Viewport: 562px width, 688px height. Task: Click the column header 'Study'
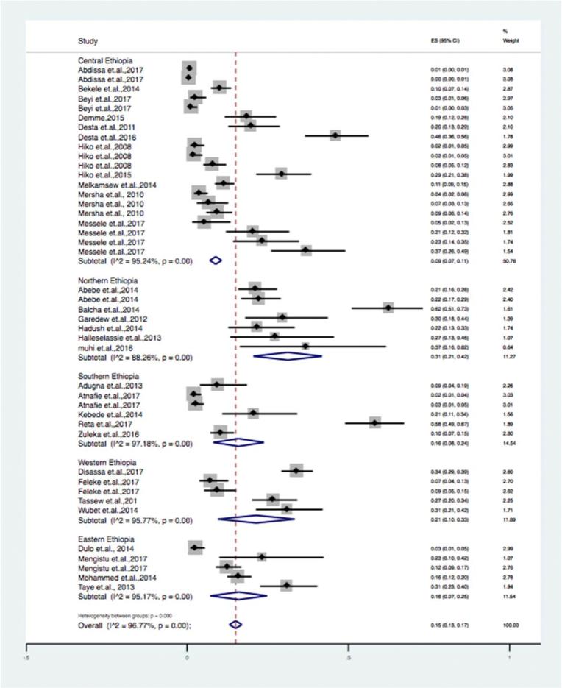point(88,40)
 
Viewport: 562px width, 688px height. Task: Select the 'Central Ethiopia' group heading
point(105,60)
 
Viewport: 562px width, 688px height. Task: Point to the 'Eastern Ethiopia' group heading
point(106,537)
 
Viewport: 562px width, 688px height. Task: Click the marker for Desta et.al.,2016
point(335,136)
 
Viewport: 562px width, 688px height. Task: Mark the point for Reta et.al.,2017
point(375,423)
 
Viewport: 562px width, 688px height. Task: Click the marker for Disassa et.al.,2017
point(296,470)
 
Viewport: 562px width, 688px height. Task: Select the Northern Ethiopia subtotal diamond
point(287,356)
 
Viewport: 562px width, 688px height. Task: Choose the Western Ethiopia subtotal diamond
point(257,518)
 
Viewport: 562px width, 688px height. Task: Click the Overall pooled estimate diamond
point(235,624)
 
